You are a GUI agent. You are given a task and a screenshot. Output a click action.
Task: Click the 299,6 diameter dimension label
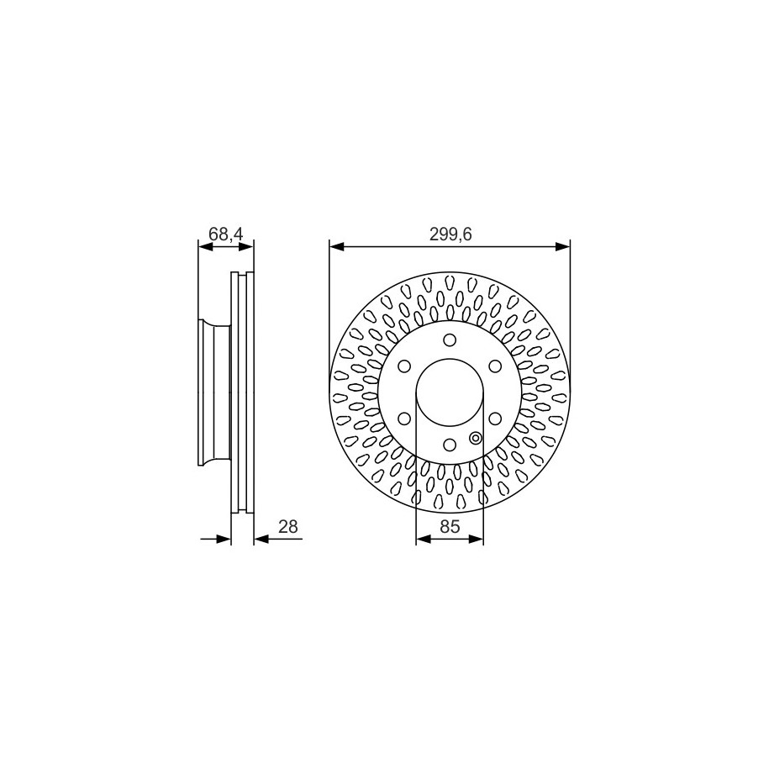[x=450, y=235]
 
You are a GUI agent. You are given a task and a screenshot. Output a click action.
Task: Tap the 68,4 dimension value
[x=225, y=235]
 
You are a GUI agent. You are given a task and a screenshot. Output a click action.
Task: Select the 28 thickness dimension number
[x=288, y=526]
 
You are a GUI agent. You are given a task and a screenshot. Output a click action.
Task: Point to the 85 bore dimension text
[x=450, y=527]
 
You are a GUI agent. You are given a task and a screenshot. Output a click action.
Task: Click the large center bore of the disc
[x=450, y=392]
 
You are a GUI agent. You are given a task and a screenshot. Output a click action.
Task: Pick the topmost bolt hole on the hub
[x=450, y=340]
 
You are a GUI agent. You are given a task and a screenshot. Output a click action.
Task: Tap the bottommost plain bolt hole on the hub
[x=450, y=444]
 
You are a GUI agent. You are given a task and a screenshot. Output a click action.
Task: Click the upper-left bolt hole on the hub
[x=404, y=366]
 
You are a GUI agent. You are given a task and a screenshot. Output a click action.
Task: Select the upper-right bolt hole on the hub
[x=494, y=366]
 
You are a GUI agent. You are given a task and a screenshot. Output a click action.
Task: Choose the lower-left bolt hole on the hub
[x=404, y=418]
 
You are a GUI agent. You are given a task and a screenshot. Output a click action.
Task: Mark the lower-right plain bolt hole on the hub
[x=494, y=418]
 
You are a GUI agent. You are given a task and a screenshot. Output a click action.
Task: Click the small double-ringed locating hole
[x=476, y=437]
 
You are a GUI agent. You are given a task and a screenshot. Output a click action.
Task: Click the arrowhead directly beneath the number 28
[x=261, y=539]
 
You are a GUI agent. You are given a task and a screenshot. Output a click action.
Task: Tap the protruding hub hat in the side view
[x=214, y=392]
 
